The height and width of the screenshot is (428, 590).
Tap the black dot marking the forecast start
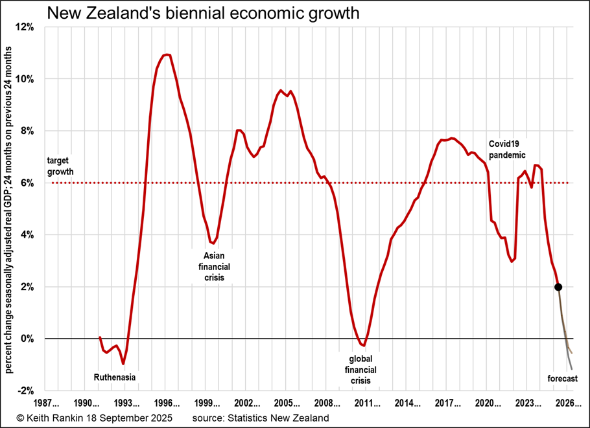(558, 287)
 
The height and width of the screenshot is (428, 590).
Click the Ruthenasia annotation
(115, 376)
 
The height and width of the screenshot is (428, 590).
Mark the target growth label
(61, 167)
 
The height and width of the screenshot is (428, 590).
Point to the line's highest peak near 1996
(167, 54)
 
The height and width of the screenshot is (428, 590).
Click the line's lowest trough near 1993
(123, 365)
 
